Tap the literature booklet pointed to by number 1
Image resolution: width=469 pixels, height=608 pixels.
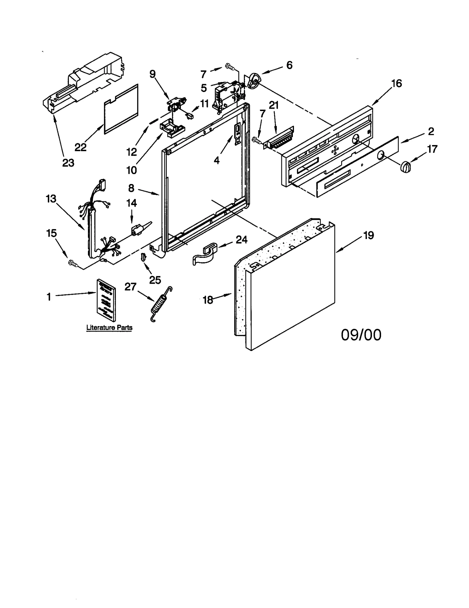coord(106,299)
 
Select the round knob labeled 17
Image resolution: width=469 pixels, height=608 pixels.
coord(406,167)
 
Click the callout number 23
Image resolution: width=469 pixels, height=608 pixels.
coord(68,163)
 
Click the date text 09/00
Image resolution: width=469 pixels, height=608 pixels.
coord(361,335)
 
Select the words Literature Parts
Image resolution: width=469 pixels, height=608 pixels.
coord(109,328)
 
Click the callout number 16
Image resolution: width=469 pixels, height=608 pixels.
coord(396,84)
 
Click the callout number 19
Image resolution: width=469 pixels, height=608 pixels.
coord(369,235)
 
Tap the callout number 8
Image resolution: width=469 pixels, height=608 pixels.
coord(131,188)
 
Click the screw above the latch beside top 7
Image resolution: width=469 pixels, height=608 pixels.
coord(230,67)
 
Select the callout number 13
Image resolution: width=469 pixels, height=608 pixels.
coord(51,199)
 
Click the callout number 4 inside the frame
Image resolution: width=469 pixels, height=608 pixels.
coord(216,160)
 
